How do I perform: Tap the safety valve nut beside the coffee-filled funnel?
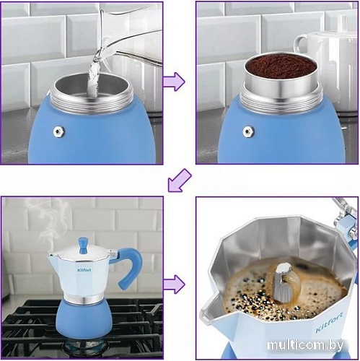click(248, 131)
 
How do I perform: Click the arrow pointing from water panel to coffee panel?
click(174, 82)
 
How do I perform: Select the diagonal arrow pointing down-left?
click(180, 180)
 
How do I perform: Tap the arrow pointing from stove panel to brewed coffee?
click(174, 284)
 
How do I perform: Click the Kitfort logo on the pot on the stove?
click(84, 270)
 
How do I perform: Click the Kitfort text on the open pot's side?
click(329, 323)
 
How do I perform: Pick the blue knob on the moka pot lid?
click(83, 245)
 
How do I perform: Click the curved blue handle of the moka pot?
click(130, 265)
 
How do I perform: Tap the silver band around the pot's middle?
click(84, 299)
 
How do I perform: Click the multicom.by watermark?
click(305, 345)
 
